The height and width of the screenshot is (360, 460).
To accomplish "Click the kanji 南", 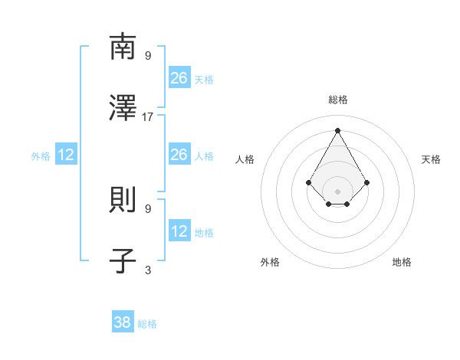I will coord(123,47).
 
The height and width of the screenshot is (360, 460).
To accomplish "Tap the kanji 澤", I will coord(123,108).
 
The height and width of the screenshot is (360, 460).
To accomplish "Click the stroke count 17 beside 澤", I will coord(148,116).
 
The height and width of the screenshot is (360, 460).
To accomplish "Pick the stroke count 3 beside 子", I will coord(148,270).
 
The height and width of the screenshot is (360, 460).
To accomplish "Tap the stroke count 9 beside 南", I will coord(148,55).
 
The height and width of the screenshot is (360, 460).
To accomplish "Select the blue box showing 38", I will coord(123,322).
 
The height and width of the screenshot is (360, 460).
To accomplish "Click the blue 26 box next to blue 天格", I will coord(179,78).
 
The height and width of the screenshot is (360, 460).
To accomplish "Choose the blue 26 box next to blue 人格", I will coord(179,155).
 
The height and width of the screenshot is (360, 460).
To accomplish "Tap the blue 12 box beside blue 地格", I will coord(179,231).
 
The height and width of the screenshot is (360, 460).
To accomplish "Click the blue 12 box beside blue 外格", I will coord(66,155).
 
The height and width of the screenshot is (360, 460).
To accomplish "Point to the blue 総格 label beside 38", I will coord(147,324).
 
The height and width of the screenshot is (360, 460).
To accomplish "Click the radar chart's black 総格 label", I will coord(338,100).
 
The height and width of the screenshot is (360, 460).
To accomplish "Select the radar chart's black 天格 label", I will coord(432,159).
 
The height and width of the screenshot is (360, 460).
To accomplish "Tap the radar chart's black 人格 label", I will coord(245,159).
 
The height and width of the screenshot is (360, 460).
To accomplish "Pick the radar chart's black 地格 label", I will coord(402,262).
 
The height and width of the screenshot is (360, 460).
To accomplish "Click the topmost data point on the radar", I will coord(338,129).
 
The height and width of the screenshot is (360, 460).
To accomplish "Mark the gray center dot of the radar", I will coord(338,191).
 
